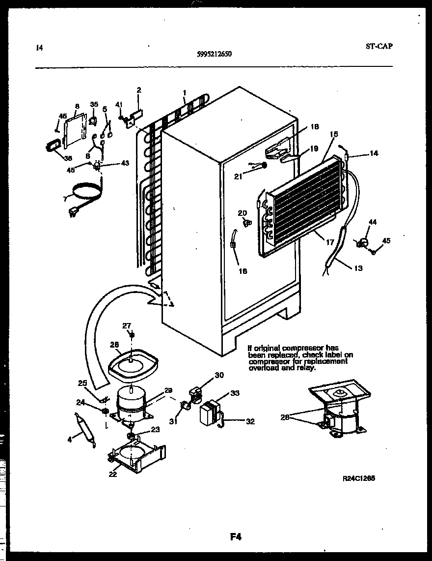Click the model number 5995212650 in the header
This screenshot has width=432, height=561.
[x=211, y=55]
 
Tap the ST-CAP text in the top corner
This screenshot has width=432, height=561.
[x=379, y=47]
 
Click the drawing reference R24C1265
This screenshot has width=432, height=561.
[x=359, y=477]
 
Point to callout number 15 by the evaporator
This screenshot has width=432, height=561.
[x=334, y=134]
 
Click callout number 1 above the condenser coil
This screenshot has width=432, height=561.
[x=184, y=93]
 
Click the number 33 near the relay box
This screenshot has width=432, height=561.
[x=235, y=393]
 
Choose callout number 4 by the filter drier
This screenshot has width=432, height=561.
[x=70, y=440]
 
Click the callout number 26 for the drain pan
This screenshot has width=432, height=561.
[x=114, y=345]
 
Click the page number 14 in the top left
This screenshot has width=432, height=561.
[x=39, y=48]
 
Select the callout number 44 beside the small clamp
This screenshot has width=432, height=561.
[x=373, y=223]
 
